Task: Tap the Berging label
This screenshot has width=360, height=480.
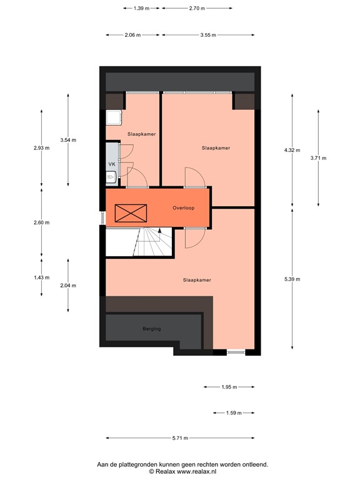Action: tap(152, 328)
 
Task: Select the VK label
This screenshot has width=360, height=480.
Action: tap(112, 164)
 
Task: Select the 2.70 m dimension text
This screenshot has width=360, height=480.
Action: tap(197, 8)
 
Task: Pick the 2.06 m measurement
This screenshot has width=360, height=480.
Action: tap(132, 35)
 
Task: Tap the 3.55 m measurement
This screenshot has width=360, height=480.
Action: tap(208, 35)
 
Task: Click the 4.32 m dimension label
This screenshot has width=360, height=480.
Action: tap(292, 150)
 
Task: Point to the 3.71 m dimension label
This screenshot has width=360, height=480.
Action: tap(318, 158)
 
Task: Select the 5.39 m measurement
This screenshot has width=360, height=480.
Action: tap(292, 279)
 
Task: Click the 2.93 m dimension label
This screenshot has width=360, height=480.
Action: tap(42, 147)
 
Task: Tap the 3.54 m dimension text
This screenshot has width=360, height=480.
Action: tap(68, 140)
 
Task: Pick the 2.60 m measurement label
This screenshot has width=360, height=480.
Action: tap(42, 222)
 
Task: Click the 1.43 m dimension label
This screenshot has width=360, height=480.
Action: tap(42, 277)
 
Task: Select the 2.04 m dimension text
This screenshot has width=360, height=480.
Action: tap(68, 285)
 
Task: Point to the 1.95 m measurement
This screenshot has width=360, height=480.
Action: tap(229, 387)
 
